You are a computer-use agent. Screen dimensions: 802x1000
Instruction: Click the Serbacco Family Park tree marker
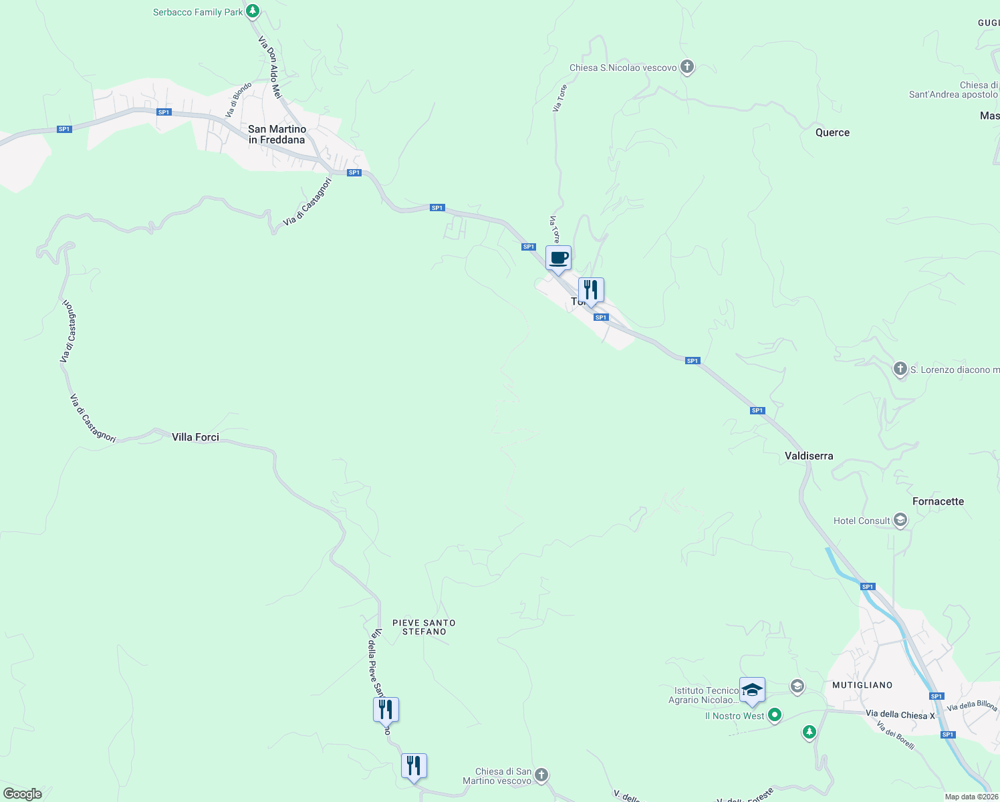point(252,11)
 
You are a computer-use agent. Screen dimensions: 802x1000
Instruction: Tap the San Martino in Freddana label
point(277,134)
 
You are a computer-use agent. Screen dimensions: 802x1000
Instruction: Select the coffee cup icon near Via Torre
point(559,258)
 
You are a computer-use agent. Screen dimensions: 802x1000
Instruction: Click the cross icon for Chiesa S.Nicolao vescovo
point(686,67)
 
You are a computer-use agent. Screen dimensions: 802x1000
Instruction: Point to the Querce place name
point(832,132)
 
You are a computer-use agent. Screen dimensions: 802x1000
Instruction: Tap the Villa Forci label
point(195,437)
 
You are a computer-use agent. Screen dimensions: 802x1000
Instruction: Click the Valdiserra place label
point(809,456)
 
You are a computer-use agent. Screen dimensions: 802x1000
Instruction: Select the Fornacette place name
point(938,501)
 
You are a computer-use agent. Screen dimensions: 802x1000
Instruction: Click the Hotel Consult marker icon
point(900,520)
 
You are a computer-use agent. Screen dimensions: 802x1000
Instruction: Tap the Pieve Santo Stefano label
point(424,627)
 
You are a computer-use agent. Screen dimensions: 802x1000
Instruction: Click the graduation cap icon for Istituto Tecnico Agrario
point(752,690)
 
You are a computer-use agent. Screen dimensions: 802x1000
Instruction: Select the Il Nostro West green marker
point(774,715)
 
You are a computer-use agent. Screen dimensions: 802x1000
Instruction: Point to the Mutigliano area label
point(862,685)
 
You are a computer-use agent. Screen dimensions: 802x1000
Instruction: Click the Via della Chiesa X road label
point(900,714)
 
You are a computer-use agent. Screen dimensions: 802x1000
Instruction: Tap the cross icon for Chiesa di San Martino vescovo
point(541,775)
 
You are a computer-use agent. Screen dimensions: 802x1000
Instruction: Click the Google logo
point(22,794)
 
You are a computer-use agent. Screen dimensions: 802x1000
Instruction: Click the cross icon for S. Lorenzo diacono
point(900,369)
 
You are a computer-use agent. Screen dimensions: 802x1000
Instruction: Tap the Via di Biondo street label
point(239,100)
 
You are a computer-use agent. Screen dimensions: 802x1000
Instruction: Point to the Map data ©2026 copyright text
point(971,797)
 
